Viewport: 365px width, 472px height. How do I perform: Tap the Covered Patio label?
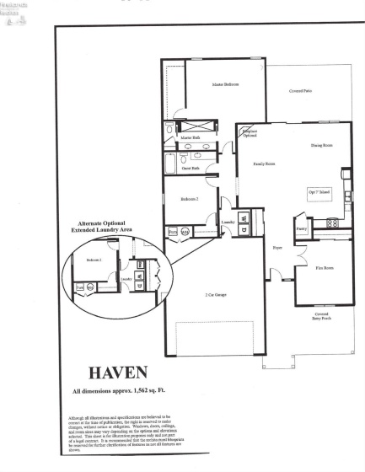(302, 90)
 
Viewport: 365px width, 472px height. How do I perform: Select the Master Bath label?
(190, 137)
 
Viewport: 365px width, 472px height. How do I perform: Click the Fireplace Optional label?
(249, 133)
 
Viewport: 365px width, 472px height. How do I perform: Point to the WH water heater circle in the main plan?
(186, 230)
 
